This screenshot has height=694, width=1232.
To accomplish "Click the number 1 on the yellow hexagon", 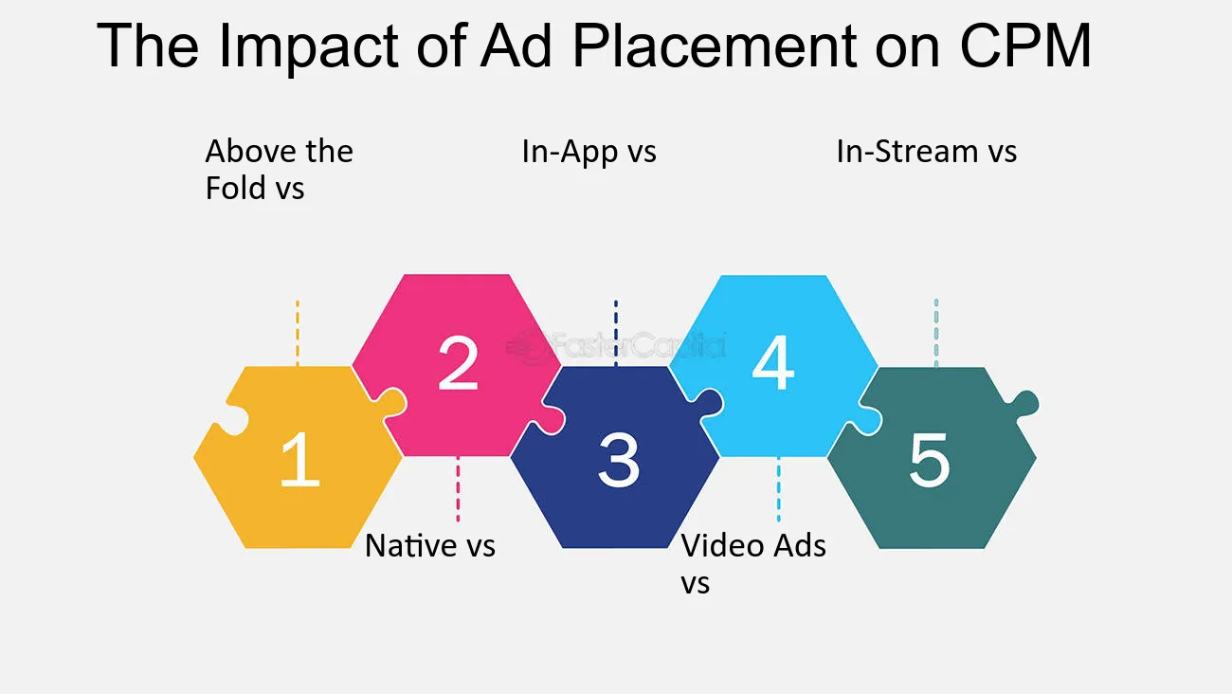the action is pos(300,459).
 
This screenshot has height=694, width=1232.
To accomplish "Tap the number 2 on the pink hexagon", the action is pos(458,363).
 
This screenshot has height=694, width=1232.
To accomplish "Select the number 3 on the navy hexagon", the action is pos(619,460).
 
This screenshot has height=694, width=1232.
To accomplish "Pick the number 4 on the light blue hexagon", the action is pos(773,363).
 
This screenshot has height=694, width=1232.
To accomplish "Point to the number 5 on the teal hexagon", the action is pos(930,460).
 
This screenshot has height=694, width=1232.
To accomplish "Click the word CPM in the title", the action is pos(1025,46).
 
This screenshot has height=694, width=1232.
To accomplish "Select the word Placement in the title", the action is pos(715,46).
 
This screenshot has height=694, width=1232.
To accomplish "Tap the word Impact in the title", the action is pos(308,48).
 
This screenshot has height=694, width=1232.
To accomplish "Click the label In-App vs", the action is pos(589,152).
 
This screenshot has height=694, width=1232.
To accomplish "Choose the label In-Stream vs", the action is pos(927,152).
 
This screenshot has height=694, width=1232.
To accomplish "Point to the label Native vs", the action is pos(430,545).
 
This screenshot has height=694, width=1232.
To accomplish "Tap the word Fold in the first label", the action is pos(235,188).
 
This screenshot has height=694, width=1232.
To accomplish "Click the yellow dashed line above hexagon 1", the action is pos(298,333).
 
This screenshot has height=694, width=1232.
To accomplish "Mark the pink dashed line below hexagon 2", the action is pos(458,488).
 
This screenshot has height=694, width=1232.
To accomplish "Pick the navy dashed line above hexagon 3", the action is pos(615,333).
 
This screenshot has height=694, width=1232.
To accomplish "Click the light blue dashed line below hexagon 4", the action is pos(778,488).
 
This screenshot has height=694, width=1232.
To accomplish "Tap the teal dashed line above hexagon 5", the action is pos(936,333).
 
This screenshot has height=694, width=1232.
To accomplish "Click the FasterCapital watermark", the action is pos(616,347).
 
